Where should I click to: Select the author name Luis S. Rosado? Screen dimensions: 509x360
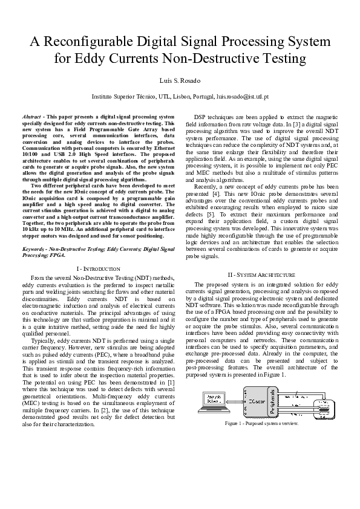180,80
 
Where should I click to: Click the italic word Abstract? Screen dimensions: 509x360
31,115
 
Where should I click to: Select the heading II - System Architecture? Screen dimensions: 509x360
261,274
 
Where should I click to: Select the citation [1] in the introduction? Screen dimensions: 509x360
171,382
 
